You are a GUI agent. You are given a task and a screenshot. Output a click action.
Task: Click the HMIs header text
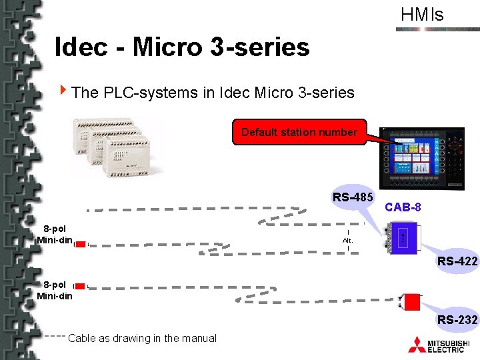[422, 15]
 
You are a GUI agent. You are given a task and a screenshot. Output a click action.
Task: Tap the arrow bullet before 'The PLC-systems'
[63, 91]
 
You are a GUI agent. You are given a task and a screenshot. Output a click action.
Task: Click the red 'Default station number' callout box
[299, 132]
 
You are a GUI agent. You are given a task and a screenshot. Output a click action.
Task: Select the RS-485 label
[353, 197]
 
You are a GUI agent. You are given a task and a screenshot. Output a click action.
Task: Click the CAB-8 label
[403, 207]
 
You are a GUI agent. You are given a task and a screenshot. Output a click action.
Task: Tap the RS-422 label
[457, 261]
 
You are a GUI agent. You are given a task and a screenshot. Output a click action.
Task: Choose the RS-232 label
[457, 320]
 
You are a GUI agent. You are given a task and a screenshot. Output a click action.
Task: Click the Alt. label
[347, 240]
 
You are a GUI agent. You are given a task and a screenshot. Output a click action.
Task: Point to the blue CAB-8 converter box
[401, 238]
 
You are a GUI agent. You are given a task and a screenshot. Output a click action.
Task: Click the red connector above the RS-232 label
[412, 302]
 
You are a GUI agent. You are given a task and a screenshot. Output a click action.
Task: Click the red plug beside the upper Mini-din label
[81, 244]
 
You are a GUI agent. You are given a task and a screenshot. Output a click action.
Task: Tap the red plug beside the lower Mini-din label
[80, 286]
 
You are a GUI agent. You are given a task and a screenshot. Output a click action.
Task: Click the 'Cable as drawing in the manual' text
[142, 338]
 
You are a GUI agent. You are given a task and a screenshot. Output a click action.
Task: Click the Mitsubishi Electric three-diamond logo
[417, 344]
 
